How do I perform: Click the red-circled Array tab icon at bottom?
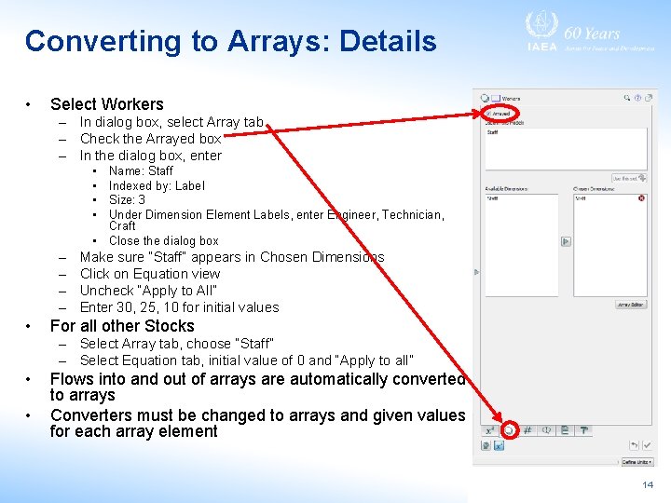click(509, 429)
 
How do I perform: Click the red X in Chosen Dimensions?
click(641, 197)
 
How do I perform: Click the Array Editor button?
click(631, 305)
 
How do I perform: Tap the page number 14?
click(648, 485)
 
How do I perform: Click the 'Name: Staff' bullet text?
click(141, 170)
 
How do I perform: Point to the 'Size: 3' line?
click(128, 199)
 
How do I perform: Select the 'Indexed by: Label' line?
click(157, 185)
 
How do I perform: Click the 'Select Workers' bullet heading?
click(106, 104)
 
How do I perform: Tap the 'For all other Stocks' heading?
click(122, 326)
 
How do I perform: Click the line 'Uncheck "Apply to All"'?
click(148, 291)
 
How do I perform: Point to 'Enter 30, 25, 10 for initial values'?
click(179, 307)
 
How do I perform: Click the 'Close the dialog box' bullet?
click(163, 240)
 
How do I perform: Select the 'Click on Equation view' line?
click(150, 274)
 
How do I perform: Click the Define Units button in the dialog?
click(637, 461)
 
